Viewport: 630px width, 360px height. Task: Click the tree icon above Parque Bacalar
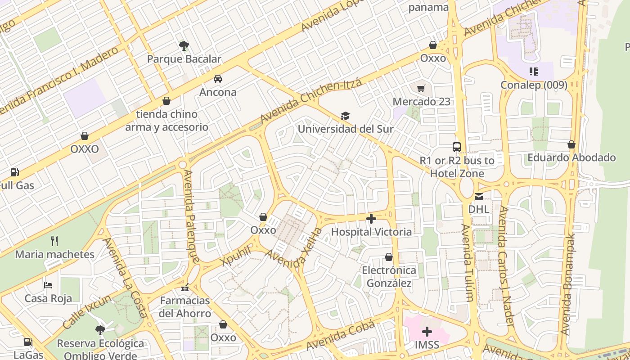coord(184,45)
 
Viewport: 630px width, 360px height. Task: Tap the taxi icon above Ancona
coord(218,79)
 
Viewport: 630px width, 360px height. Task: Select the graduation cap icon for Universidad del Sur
coord(345,116)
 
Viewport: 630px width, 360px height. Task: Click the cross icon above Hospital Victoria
coord(371,219)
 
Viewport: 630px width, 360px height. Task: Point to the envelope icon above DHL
coord(479,196)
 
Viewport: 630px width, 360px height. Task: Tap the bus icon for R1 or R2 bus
coord(457,147)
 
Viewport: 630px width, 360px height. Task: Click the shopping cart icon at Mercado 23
coord(421,88)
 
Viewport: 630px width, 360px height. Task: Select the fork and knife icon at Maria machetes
coord(54,241)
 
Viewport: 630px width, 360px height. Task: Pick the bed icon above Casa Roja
coord(48,285)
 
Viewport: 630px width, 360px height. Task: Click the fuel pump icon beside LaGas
coord(28,342)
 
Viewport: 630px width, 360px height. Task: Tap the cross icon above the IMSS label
coord(427,332)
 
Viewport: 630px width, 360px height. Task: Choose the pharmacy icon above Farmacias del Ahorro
coord(185,288)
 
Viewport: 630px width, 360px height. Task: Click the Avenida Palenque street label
coord(191,216)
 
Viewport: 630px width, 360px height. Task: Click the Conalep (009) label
coord(534,85)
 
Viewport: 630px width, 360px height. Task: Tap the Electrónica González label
coord(389,276)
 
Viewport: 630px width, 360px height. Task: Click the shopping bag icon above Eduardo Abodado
coord(571,144)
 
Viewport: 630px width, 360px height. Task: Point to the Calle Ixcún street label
coord(87,311)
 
